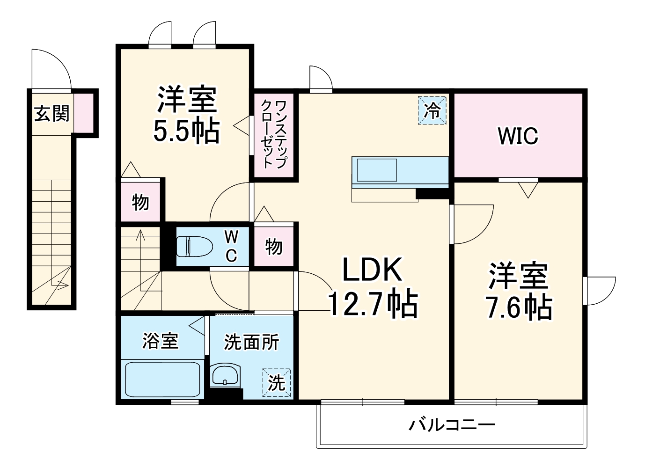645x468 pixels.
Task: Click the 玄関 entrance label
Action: coord(51,113)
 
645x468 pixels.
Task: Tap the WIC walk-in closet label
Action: coord(518,136)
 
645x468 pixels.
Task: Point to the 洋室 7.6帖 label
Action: coord(519,291)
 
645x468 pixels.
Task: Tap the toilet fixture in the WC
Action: coord(193,246)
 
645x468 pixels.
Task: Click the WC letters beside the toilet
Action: coord(231,246)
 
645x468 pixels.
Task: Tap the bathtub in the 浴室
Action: coord(162,379)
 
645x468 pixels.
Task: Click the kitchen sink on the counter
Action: coord(377,170)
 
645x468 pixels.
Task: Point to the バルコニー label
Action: coord(452,425)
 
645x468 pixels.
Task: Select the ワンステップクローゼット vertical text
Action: coord(274,134)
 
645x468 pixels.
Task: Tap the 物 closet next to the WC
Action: coord(274,246)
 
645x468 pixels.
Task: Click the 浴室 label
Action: coord(161,341)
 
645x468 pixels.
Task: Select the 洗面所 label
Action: coord(251,342)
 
